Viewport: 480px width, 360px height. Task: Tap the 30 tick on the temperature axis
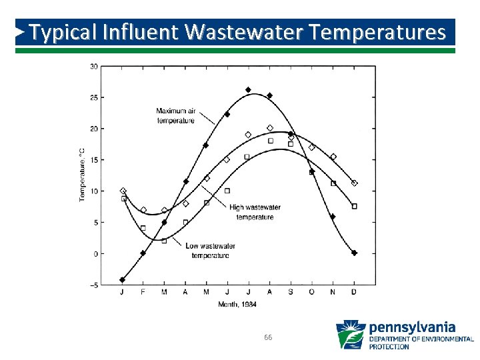click(94, 66)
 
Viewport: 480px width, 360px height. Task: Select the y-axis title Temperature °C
click(82, 175)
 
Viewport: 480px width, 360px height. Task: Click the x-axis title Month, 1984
click(237, 305)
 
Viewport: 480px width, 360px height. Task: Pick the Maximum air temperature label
click(176, 115)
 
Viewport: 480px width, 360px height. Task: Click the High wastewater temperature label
click(255, 212)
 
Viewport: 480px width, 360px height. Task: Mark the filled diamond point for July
click(248, 89)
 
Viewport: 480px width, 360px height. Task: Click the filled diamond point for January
click(123, 280)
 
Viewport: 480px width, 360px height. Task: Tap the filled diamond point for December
click(354, 253)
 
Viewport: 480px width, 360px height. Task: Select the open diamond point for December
click(354, 183)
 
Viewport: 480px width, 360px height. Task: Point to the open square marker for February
click(143, 228)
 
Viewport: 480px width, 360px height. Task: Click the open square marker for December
click(354, 207)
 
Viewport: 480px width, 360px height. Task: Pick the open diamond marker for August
click(270, 128)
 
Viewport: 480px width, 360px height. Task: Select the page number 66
click(268, 338)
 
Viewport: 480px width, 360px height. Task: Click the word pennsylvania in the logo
click(412, 327)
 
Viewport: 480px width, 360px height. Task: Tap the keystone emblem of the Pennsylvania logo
click(351, 335)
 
